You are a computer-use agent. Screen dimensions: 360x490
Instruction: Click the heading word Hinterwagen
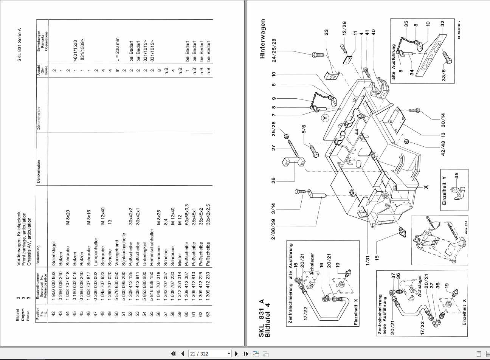(x=263, y=39)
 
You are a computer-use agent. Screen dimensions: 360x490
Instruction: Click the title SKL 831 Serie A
(x=19, y=44)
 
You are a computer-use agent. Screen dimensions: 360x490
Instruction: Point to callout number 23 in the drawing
(x=326, y=32)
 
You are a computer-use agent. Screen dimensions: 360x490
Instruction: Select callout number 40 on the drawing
(x=374, y=32)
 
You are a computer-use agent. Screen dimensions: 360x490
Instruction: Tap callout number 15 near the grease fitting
(x=377, y=258)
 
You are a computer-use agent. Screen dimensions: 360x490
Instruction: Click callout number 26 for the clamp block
(x=274, y=180)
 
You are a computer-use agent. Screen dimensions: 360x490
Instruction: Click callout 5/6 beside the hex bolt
(x=304, y=129)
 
